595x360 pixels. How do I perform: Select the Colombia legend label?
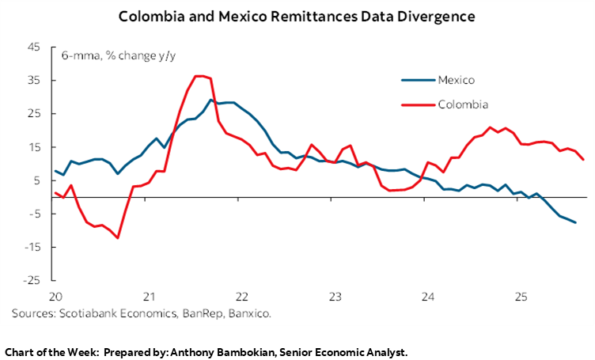pyautogui.click(x=461, y=104)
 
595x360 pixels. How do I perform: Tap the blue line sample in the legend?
pyautogui.click(x=417, y=79)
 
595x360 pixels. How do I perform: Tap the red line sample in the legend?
pyautogui.click(x=417, y=104)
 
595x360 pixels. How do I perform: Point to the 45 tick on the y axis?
pyautogui.click(x=34, y=47)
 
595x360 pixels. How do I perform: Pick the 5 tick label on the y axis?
pyautogui.click(x=37, y=180)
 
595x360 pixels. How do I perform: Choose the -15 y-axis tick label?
pyautogui.click(x=32, y=247)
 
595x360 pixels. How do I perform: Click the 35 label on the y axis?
pyautogui.click(x=34, y=80)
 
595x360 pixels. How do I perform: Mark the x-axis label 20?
pyautogui.click(x=54, y=297)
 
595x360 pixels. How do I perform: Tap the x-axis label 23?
pyautogui.click(x=335, y=297)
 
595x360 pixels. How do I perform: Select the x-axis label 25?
pyautogui.click(x=521, y=297)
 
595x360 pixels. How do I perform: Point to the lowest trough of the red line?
pyautogui.click(x=118, y=237)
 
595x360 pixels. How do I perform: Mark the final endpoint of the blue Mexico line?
pyautogui.click(x=575, y=222)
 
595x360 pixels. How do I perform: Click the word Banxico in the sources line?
pyautogui.click(x=248, y=314)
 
